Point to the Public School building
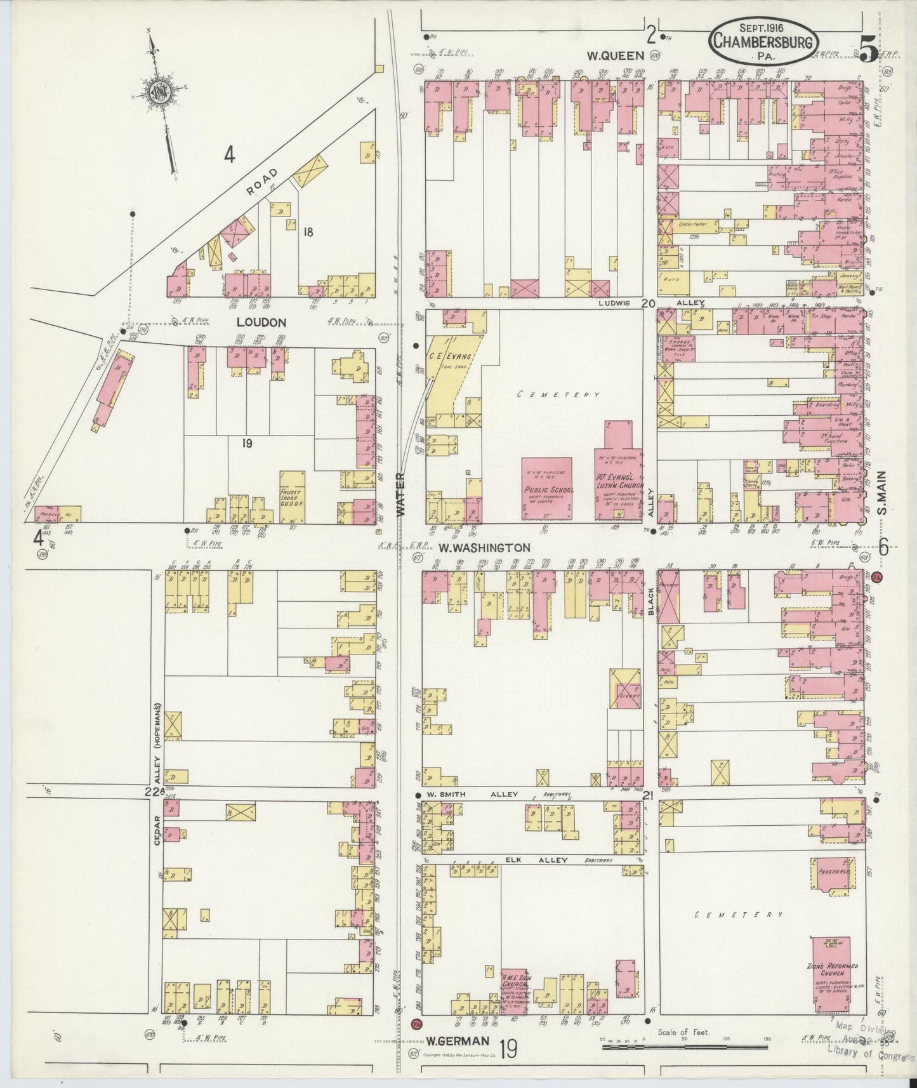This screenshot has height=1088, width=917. point(548,488)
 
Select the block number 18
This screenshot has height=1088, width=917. point(308,232)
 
